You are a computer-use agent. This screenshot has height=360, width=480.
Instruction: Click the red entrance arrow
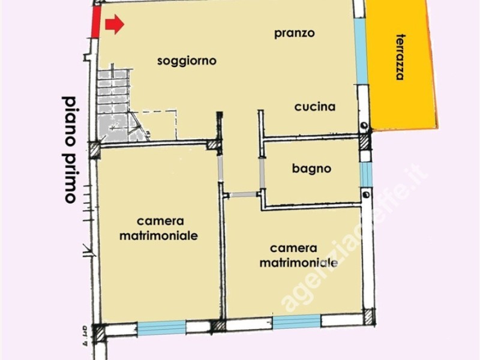click(114, 25)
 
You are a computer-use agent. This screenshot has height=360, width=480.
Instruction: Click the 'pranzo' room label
click(295, 33)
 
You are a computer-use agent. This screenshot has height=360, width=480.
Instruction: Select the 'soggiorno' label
click(187, 61)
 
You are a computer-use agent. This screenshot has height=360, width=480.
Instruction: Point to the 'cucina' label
click(314, 107)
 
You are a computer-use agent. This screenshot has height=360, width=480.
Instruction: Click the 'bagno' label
click(311, 169)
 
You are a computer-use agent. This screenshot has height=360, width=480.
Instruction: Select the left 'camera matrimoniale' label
click(159, 229)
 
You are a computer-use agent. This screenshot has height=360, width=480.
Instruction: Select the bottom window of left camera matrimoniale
click(161, 327)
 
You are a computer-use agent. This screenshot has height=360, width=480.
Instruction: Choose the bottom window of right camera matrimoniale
click(297, 323)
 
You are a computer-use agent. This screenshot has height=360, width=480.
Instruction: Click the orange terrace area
click(402, 90)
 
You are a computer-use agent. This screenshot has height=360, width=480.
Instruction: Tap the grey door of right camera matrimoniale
click(241, 194)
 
